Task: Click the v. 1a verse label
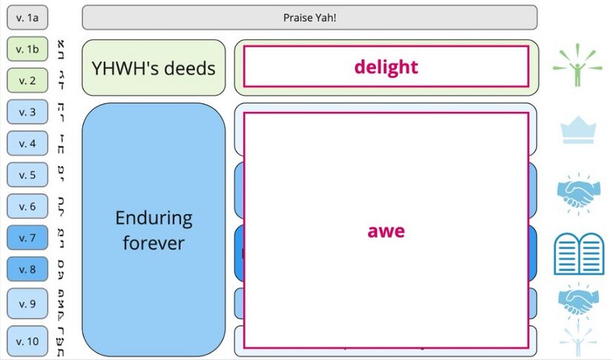pos(27,17)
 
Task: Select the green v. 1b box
pos(27,49)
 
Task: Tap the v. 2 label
pos(27,80)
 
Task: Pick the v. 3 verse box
pos(27,112)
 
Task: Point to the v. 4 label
pos(27,143)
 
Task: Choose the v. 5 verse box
pos(27,175)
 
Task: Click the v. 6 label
pos(27,206)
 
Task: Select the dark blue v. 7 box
pos(27,238)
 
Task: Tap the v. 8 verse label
pos(27,269)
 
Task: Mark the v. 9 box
pos(27,303)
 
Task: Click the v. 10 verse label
pos(27,341)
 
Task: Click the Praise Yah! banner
pos(309,17)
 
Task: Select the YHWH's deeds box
pos(154,68)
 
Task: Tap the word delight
pos(386,67)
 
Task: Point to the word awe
pos(386,231)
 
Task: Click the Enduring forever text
pos(154,229)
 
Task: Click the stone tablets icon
pos(579,254)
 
